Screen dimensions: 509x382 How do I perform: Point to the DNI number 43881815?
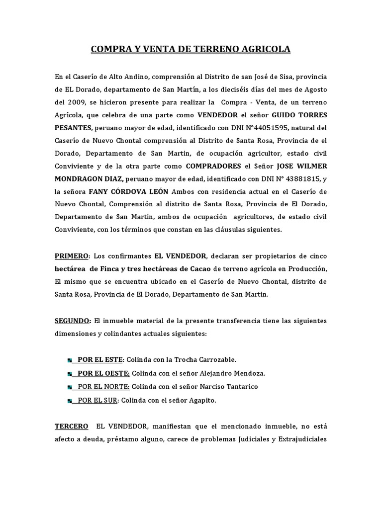[297, 179]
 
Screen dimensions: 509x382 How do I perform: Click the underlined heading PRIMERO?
[71, 256]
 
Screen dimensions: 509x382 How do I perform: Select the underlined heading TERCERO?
[72, 426]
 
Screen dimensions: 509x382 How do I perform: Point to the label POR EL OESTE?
[100, 373]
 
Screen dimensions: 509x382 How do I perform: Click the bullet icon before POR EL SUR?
[68, 400]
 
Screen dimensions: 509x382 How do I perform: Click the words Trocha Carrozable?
[206, 359]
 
